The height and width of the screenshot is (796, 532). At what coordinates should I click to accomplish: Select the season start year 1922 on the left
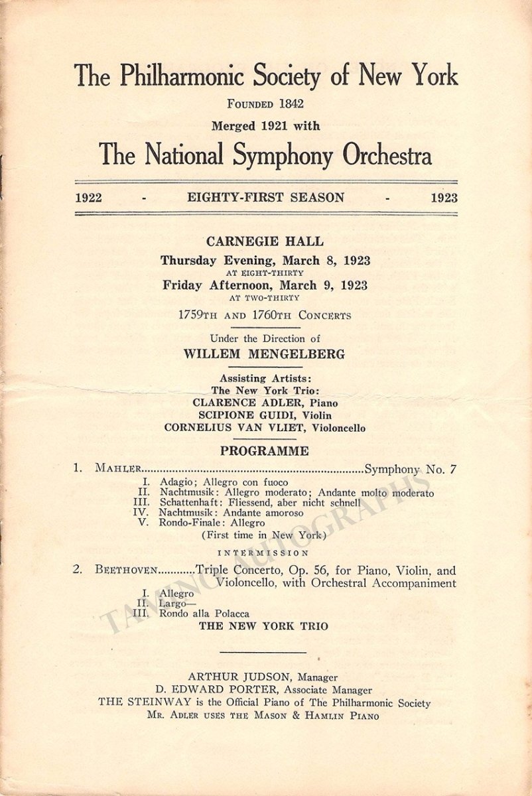[x=88, y=198]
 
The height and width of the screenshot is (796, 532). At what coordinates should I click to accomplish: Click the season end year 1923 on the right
[x=444, y=198]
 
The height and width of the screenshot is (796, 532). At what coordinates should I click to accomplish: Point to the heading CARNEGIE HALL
[x=265, y=241]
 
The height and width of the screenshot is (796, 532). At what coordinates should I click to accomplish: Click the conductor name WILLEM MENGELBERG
[x=265, y=354]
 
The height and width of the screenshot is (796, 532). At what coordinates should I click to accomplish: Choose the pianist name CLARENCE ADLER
[x=238, y=403]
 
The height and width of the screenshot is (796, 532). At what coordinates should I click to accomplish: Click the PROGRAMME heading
[x=265, y=451]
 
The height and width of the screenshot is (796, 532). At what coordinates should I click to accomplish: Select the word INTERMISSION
[x=264, y=553]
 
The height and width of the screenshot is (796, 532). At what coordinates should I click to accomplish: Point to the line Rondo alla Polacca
[x=204, y=614]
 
